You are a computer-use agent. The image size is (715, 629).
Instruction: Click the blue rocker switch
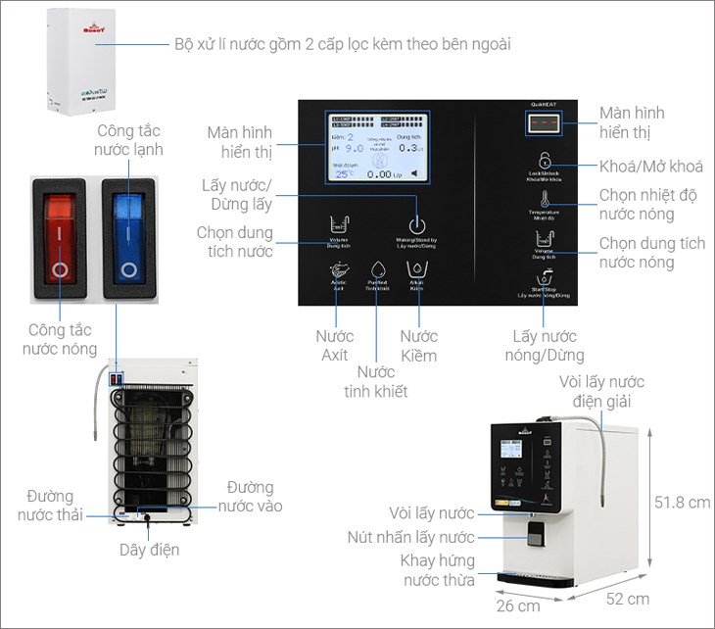pos(127,238)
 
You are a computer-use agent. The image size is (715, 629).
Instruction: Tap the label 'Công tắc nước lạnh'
pos(128,140)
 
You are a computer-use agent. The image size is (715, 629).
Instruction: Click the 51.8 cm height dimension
pos(682,503)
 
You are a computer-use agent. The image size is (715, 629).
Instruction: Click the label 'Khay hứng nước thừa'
pos(438,570)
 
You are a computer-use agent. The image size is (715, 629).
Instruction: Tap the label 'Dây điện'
pos(150,550)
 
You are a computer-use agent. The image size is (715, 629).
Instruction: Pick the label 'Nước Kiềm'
pos(418,346)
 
